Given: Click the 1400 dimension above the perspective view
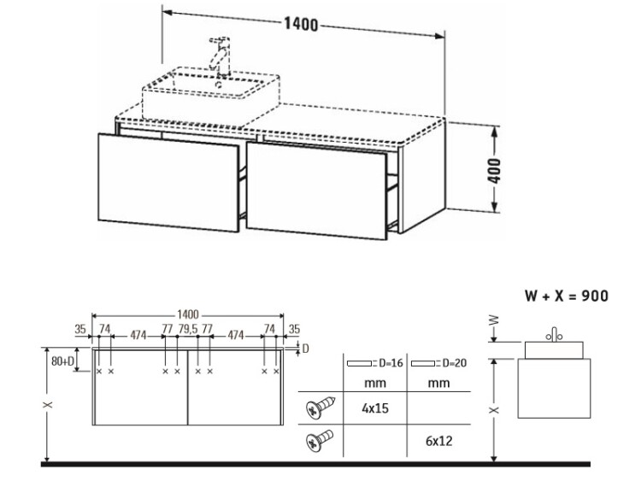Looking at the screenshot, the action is pos(301,25).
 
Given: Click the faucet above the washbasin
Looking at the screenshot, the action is pos(220,56).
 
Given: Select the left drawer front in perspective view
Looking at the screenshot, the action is pos(168,182).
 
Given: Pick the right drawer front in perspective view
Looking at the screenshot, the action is pos(316,191).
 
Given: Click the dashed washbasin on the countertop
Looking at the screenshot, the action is pos(211,95).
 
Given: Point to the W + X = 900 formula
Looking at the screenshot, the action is pos(566,296).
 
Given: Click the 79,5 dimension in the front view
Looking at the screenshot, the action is pos(188,329).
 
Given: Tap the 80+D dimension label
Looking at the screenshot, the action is pos(63,361).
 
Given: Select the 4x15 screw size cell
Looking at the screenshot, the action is pos(375,408).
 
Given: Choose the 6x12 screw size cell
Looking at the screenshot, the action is pos(438,441).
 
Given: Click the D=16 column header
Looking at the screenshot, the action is pos(375,363).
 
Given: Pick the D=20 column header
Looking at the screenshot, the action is pos(438,363).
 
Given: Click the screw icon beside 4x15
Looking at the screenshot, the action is pos(320,408).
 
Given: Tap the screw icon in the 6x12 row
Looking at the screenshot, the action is pos(320,440).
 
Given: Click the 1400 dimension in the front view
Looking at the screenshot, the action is pos(188,314).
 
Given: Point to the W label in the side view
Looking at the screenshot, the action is pos(494,320).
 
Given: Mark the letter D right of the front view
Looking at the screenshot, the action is pos(305,349).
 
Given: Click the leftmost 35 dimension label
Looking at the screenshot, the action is pos(80,329).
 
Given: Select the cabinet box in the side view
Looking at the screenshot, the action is pos(554,388).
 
